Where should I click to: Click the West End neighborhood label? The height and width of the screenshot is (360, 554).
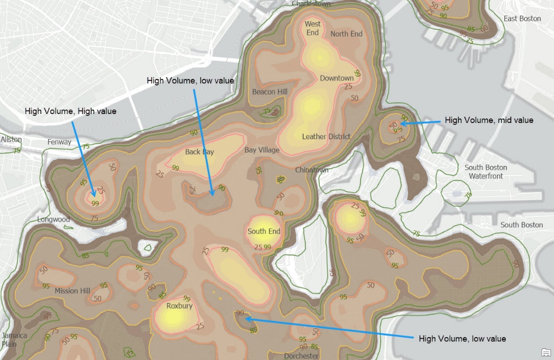(312, 28)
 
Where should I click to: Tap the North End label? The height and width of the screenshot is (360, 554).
(346, 34)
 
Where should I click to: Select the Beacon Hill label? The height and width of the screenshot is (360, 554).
(269, 92)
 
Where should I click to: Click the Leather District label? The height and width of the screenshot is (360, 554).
(326, 136)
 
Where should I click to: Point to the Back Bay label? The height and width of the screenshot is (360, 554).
(200, 152)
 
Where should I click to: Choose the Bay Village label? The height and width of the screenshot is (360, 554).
(262, 150)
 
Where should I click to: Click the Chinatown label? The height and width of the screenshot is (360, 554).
(312, 169)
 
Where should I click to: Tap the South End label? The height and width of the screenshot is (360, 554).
(264, 231)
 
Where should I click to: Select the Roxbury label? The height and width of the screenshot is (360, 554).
(179, 306)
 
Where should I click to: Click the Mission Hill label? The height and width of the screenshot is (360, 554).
(72, 291)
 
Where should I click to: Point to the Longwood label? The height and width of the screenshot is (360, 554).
(54, 219)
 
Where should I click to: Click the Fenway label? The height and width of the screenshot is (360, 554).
(59, 142)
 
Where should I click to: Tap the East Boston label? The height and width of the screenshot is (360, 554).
(522, 18)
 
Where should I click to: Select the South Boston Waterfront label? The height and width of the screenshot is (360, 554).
(486, 172)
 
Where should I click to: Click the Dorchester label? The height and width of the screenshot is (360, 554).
(301, 356)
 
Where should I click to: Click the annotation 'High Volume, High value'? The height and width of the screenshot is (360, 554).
(70, 111)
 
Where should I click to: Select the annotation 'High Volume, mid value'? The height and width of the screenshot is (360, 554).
(489, 120)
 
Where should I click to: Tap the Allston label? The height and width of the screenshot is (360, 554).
(11, 139)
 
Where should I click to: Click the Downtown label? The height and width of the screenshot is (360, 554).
(337, 78)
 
